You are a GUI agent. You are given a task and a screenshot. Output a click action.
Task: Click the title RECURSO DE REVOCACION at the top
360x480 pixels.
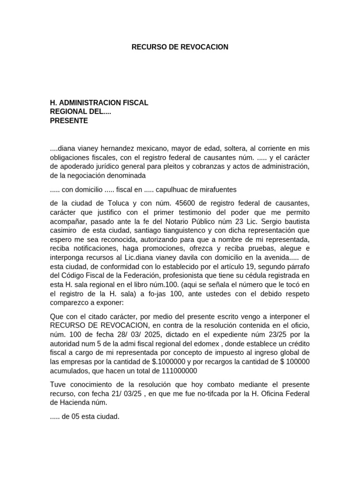pyautogui.click(x=180, y=47)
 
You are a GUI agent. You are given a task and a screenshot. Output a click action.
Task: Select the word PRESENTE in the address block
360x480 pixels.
pyautogui.click(x=69, y=120)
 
